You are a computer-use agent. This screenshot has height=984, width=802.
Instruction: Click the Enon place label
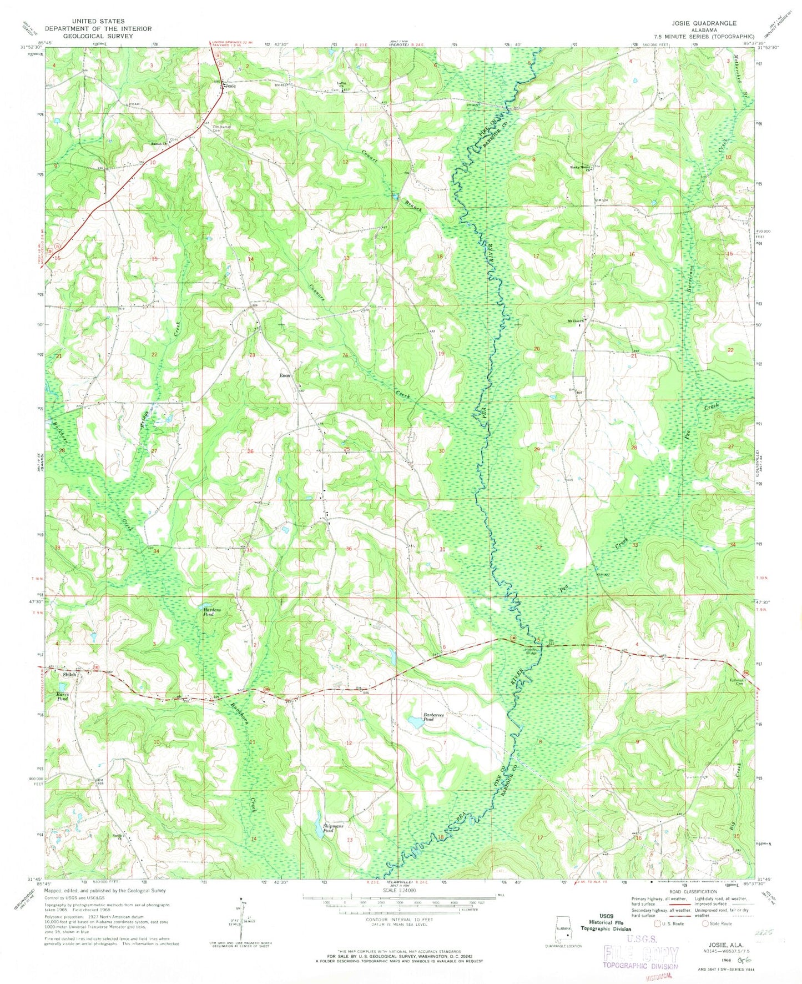point(284,376)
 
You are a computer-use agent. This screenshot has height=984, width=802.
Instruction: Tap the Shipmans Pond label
point(334,829)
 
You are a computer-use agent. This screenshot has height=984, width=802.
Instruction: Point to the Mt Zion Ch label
point(574,321)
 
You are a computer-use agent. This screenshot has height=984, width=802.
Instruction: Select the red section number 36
point(349,549)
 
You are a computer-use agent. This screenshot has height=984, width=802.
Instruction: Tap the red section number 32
point(538,548)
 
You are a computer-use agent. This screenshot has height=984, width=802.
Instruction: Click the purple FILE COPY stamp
point(641,954)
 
